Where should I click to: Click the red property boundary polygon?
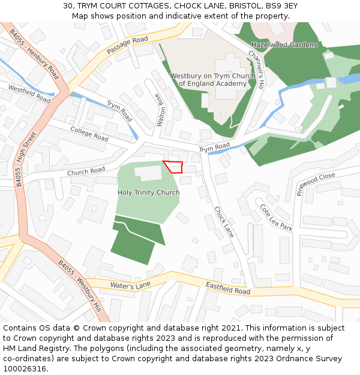coord(173,167)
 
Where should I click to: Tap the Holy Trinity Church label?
coord(148,193)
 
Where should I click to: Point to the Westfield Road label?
coord(29,94)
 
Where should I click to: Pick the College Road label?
coord(89,134)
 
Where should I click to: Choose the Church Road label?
coord(86,172)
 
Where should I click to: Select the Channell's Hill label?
coord(256,70)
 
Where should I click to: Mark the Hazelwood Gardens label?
coord(284,45)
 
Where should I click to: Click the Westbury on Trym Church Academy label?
coord(212,80)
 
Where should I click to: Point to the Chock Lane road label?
coord(224,221)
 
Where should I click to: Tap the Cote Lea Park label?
coord(275,217)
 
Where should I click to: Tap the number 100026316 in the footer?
coord(26,368)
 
